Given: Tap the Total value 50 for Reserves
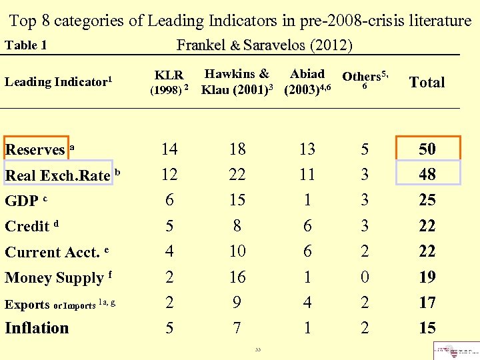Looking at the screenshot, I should point(427,149).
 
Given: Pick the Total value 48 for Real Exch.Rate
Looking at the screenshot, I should point(427,175).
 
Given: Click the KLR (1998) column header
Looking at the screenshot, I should point(169,82).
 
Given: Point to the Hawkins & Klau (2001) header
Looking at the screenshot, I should point(237,82).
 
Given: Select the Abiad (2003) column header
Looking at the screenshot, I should point(307,82).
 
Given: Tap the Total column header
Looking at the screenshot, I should point(427,82).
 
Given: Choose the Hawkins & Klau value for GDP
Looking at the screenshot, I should point(237,200).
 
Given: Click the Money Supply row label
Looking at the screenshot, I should point(55,277).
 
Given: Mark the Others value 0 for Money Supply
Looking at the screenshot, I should point(365,277).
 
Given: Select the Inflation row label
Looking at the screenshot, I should point(37,328).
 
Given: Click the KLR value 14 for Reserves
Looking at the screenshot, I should point(169,149).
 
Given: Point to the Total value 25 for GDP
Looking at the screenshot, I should point(427,200).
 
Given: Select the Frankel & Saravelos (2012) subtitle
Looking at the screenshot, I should point(264,45).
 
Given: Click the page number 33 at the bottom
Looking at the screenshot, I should point(257,349).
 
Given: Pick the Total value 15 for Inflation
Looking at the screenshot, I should point(427,328).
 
